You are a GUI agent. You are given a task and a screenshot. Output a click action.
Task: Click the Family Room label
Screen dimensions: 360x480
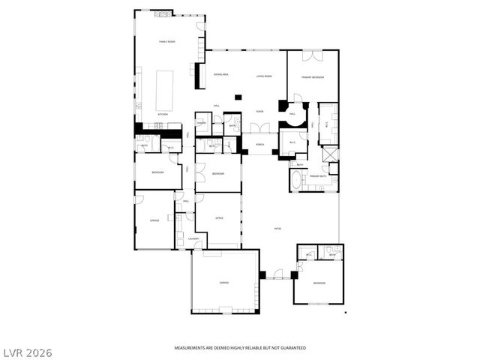(x=166, y=41)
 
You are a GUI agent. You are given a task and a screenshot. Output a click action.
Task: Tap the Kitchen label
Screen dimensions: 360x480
(x=162, y=114)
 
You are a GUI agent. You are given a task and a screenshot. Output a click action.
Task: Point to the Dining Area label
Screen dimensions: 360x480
(x=220, y=75)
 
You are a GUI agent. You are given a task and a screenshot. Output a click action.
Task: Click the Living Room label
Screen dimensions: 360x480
(x=263, y=75)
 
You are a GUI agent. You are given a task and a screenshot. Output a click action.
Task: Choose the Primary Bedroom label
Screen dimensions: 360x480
(x=313, y=77)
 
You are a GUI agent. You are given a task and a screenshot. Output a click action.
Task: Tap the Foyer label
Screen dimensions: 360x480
(x=259, y=111)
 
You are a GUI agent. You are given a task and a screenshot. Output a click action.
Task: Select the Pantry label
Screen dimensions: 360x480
(x=202, y=122)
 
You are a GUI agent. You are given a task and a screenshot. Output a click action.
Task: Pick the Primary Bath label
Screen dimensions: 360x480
(x=318, y=176)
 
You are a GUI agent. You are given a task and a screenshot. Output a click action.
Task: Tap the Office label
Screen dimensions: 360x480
(x=220, y=217)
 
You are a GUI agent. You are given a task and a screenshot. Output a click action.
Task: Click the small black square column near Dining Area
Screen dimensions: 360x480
(x=238, y=96)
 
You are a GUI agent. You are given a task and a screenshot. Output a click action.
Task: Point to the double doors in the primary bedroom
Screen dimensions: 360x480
(x=313, y=55)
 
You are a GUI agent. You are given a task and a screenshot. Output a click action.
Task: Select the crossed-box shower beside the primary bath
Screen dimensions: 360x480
(x=330, y=155)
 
